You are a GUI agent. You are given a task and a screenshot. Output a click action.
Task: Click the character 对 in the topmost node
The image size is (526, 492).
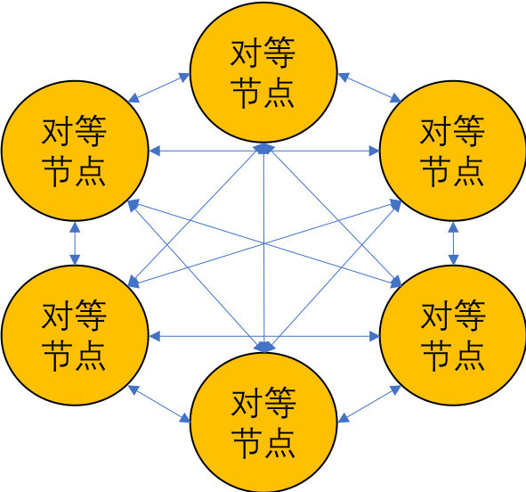coord(247,53)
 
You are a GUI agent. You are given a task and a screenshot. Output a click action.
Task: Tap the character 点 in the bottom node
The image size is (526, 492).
coord(279,442)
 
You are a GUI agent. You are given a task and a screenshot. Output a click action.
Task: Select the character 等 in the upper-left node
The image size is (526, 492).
coord(91,131)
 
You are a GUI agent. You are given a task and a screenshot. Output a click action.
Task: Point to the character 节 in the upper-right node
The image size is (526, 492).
coord(436,170)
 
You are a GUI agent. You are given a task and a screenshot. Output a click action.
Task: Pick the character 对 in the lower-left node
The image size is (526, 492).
coord(58,315)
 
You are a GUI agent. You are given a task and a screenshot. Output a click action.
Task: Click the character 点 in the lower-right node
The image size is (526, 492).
coord(468,355)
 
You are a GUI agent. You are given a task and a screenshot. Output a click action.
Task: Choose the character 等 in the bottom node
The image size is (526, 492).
coord(279,402)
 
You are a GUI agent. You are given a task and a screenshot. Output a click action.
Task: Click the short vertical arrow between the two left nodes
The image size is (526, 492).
coord(75,243)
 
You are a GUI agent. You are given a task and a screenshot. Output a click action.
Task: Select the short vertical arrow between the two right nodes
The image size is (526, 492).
coord(453,243)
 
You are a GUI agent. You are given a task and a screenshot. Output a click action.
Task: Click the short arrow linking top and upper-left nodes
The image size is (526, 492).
coord(159,87)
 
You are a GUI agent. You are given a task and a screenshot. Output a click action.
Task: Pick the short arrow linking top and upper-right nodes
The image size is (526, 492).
coord(369,87)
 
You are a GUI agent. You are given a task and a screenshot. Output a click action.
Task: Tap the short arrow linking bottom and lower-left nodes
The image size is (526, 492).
coord(159,404)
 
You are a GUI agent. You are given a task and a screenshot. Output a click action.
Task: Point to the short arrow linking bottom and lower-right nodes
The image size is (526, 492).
coord(369,404)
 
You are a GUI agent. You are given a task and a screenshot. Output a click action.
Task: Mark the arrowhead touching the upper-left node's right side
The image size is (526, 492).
coord(155,152)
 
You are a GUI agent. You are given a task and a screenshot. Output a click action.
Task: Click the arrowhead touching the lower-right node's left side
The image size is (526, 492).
coord(374,336)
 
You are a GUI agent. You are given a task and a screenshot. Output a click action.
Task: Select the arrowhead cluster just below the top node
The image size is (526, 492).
coord(264,149)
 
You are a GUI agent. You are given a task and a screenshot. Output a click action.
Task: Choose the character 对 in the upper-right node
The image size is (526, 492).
coord(436,131)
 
